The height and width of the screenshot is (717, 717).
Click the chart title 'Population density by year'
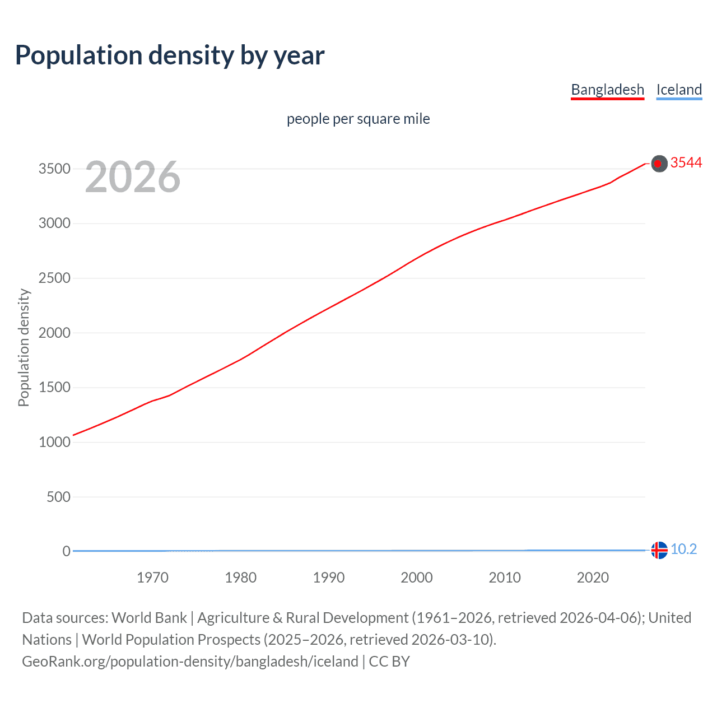tap(170, 55)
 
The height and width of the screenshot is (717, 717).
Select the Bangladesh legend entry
tap(607, 90)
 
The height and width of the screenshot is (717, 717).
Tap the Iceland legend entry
tap(679, 90)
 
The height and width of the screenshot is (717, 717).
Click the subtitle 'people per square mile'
tap(358, 119)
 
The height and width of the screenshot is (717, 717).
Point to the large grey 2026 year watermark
tap(133, 177)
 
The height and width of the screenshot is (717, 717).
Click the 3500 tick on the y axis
tap(54, 169)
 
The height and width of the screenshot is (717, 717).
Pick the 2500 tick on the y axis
tap(54, 278)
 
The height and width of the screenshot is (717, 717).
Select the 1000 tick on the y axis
tap(54, 442)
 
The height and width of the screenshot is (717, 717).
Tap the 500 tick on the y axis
tap(58, 497)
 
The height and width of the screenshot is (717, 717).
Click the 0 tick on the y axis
tap(66, 551)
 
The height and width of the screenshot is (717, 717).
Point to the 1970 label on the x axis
tap(152, 578)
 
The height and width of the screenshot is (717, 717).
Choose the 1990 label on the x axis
tap(329, 578)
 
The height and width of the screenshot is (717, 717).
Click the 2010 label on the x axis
tap(505, 578)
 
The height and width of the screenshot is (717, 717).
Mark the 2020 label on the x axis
tap(593, 578)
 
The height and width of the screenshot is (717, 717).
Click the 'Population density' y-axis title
tap(24, 347)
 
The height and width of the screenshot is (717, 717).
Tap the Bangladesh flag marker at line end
tap(659, 164)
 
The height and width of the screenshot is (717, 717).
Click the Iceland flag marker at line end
tap(659, 550)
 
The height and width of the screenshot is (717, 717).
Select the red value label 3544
tap(686, 162)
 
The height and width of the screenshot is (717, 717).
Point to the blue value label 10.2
tap(683, 549)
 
